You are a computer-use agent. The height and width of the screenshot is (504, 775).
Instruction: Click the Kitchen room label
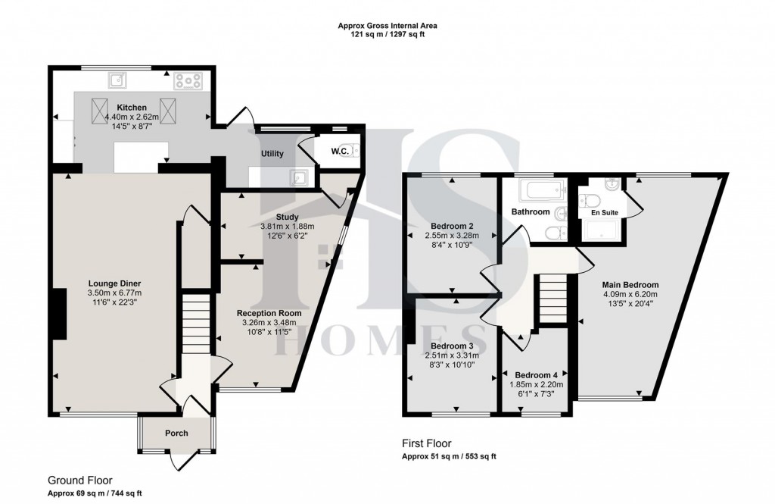point(132,107)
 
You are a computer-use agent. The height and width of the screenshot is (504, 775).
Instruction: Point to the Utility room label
point(272,154)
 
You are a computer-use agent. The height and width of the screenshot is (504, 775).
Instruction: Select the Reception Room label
point(269,313)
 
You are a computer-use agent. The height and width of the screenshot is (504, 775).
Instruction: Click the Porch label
point(176,433)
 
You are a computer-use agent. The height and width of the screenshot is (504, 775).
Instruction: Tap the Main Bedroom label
point(625,285)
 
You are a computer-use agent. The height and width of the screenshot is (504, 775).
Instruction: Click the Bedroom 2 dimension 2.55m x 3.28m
point(451,236)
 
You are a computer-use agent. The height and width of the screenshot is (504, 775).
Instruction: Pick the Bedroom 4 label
point(536,375)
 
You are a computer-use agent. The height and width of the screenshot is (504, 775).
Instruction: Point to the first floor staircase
point(552,299)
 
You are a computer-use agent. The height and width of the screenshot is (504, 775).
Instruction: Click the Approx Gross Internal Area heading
point(387,26)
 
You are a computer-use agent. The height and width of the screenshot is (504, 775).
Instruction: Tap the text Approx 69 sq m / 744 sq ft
point(95,493)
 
